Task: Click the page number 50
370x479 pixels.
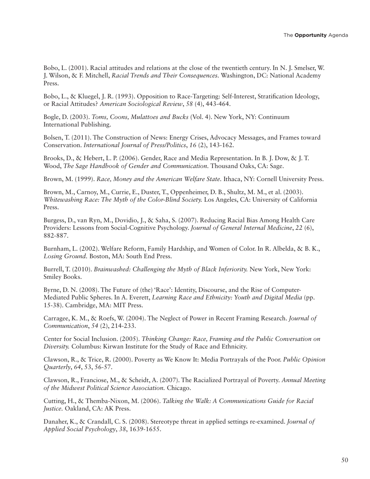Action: click(345, 460)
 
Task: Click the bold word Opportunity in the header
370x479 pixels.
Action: click(310, 35)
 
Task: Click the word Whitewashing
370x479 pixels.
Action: click(63, 200)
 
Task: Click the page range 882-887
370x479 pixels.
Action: click(56, 236)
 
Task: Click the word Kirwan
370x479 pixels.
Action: click(112, 347)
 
